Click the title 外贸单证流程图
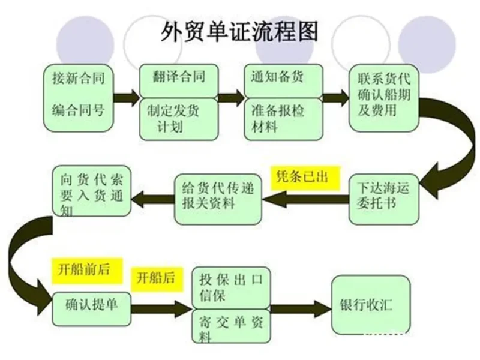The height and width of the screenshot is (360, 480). (x=240, y=31)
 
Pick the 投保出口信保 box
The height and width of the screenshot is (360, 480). (x=230, y=287)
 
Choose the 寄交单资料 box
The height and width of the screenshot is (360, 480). (x=230, y=326)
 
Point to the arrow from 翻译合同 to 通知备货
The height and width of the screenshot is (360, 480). (x=230, y=98)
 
